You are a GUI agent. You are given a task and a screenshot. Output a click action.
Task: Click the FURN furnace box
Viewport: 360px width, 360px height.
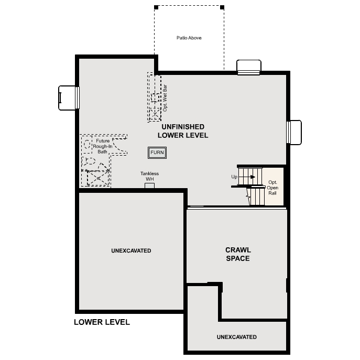[157, 152]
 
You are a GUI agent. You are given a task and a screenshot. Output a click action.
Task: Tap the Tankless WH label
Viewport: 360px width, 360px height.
[149, 177]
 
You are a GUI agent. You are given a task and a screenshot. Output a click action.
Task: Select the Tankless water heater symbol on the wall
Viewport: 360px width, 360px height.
[149, 186]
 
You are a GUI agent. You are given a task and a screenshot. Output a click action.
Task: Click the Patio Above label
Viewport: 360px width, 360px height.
[189, 38]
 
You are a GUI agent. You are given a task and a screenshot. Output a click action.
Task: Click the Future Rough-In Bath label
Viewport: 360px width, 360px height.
[103, 146]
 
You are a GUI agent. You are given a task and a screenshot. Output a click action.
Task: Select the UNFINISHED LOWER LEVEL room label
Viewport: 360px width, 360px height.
[183, 131]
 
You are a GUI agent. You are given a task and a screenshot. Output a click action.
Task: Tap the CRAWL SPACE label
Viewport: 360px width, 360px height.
[238, 254]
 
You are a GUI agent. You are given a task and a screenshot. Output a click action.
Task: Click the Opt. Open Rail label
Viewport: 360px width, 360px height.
[272, 188]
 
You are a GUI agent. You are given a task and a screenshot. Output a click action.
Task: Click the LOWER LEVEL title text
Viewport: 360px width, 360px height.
[102, 322]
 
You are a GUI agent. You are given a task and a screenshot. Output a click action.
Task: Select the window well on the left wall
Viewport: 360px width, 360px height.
[69, 98]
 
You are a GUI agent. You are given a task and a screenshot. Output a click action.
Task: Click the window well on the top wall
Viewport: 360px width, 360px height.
[248, 67]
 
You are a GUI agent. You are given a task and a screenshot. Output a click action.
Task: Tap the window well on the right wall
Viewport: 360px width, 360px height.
[294, 132]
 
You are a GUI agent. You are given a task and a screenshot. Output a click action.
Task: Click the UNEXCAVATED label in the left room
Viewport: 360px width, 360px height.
[131, 251]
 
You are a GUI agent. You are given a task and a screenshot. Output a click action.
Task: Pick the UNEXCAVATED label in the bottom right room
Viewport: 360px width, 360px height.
[236, 337]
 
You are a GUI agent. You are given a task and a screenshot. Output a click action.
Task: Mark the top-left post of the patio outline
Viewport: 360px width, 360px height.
[156, 7]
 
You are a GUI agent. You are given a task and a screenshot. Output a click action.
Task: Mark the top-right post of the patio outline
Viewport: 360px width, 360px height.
[222, 7]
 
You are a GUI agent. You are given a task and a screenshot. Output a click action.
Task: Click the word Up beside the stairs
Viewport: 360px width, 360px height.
[234, 177]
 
